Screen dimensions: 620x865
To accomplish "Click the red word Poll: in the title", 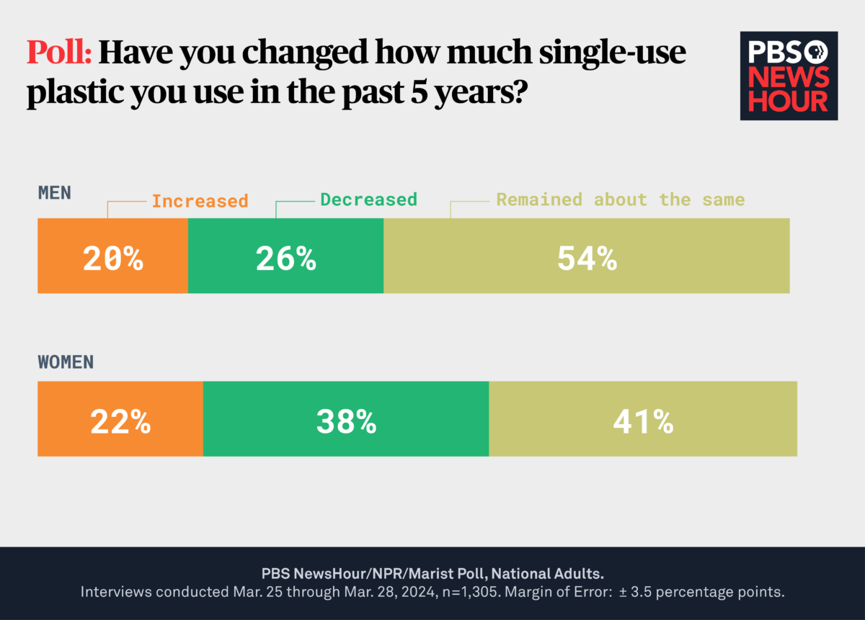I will click(59, 53).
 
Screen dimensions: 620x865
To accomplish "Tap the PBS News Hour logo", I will click(789, 76).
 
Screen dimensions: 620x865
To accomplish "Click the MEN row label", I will click(55, 193).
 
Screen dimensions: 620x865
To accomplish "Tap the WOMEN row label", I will click(66, 361).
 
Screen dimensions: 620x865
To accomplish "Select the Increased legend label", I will click(200, 201).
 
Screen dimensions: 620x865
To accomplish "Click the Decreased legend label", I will click(368, 199).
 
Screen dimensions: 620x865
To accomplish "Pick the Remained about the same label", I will click(620, 199).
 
